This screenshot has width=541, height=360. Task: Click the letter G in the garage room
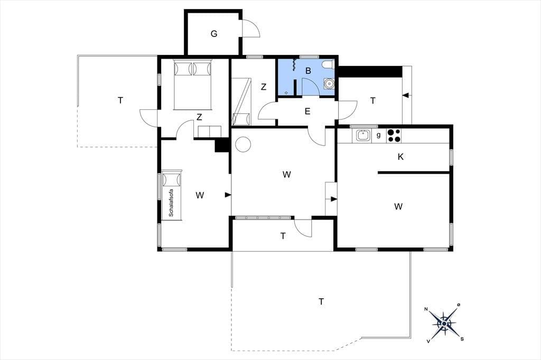[214, 34]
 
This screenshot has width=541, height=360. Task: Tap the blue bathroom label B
[308, 71]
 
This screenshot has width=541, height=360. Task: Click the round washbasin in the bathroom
[329, 83]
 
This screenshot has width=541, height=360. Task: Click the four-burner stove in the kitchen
[394, 136]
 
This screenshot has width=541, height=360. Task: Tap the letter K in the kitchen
[400, 157]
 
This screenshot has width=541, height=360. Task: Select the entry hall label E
[307, 111]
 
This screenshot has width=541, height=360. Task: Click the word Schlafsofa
[171, 203]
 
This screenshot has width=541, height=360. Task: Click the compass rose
[444, 324]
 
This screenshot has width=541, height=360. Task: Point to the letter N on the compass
[426, 309]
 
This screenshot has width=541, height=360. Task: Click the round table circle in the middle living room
[243, 144]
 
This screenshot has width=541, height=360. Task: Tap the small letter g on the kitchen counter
[378, 135]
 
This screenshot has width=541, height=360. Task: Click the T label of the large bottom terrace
[321, 302]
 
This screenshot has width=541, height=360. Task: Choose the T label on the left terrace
[120, 101]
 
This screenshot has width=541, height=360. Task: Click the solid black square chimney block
[222, 145]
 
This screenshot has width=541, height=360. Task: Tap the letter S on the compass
[462, 338]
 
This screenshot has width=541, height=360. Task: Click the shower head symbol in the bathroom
[294, 64]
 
